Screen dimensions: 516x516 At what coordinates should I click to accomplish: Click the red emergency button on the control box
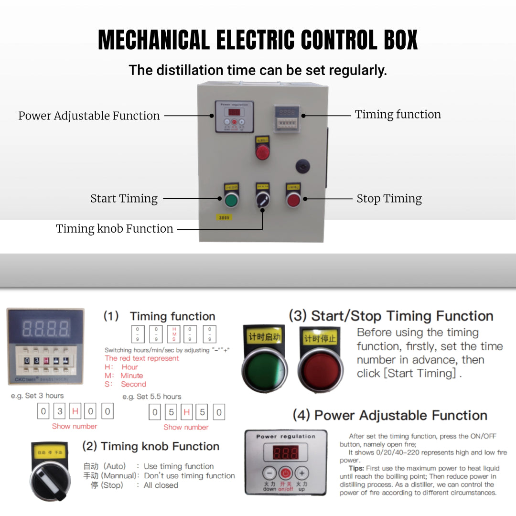pos(262,152)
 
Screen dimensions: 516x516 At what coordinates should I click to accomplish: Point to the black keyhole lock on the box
pos(302,167)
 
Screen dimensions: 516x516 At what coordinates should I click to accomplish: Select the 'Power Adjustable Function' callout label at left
pos(89,116)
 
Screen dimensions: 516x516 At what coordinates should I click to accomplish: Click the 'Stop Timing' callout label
pos(389,199)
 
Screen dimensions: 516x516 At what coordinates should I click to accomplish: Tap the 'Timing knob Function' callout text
pos(115,229)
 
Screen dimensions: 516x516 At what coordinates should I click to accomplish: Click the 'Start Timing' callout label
pos(124,199)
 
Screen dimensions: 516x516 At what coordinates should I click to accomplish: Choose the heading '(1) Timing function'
pos(160,316)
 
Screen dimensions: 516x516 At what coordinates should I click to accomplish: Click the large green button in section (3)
pos(264,370)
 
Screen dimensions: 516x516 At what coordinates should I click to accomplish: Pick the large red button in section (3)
pos(320,371)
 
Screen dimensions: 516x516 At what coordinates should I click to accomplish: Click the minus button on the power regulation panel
pos(270,473)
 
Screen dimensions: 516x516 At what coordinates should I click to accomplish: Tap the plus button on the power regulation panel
pos(301,473)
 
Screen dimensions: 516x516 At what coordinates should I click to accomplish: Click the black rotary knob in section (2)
pos(50,478)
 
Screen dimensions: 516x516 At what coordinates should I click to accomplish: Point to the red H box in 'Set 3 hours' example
pos(75,411)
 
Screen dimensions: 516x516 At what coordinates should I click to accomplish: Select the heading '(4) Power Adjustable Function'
pos(390,415)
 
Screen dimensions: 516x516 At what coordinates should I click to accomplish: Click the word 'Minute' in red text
pos(131,376)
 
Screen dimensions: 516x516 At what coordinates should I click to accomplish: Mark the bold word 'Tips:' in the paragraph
pos(357,468)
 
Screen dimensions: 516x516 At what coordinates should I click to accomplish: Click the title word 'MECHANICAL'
pos(153,40)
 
